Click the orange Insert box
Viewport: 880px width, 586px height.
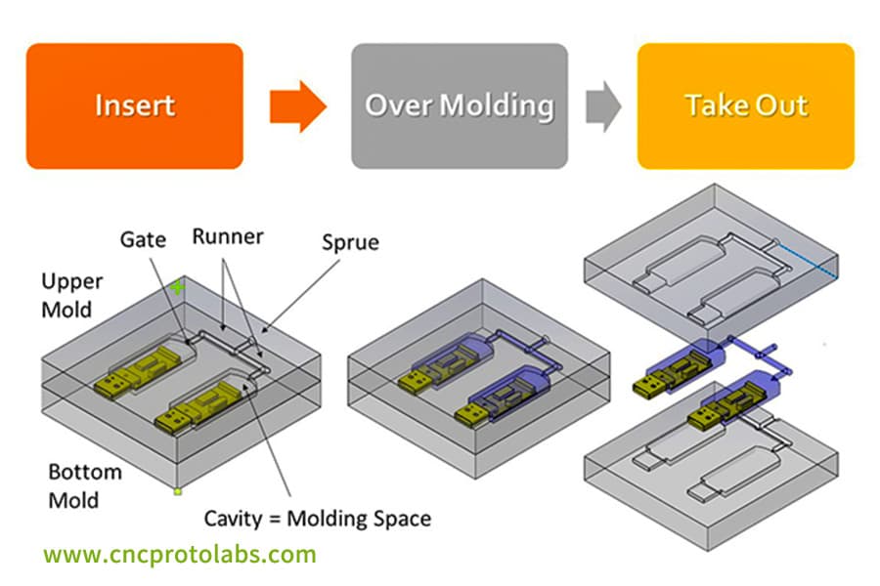pyautogui.click(x=134, y=105)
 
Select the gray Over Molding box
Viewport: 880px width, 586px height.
pyautogui.click(x=460, y=105)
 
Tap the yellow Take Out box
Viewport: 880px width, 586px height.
pyautogui.click(x=746, y=105)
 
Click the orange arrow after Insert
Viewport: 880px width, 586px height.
pyautogui.click(x=297, y=106)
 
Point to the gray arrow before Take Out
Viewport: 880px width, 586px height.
pyautogui.click(x=603, y=106)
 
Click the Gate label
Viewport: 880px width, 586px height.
pyautogui.click(x=143, y=238)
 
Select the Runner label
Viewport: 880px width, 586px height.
pyautogui.click(x=226, y=236)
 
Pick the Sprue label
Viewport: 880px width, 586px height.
pyautogui.click(x=350, y=241)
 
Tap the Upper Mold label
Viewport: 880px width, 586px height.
pyautogui.click(x=71, y=295)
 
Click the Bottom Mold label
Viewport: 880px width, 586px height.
pyautogui.click(x=85, y=485)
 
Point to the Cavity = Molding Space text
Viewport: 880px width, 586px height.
pyautogui.click(x=318, y=517)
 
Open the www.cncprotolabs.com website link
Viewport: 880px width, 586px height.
pyautogui.click(x=180, y=555)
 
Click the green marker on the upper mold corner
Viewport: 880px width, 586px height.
pyautogui.click(x=177, y=287)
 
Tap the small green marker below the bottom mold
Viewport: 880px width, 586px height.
pyautogui.click(x=177, y=491)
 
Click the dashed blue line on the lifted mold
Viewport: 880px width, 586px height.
pyautogui.click(x=807, y=262)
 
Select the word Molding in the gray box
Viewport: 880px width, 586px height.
pyautogui.click(x=507, y=105)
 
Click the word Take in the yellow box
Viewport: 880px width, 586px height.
pyautogui.click(x=712, y=105)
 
